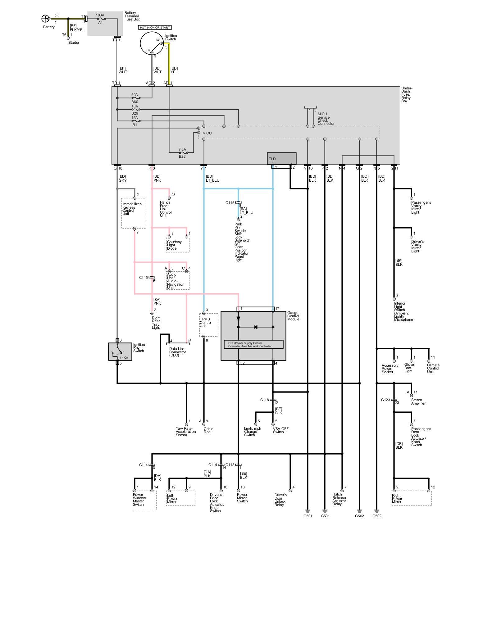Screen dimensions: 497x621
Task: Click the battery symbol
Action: click(45, 19)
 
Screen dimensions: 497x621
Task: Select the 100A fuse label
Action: click(100, 15)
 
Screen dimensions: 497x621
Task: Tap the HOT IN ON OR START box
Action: click(155, 28)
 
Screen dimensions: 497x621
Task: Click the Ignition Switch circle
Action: click(152, 43)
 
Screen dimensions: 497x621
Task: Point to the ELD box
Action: click(281, 158)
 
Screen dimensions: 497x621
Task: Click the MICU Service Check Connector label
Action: click(326, 119)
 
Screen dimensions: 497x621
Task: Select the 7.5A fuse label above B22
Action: click(182, 149)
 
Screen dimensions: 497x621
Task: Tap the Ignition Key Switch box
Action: click(120, 351)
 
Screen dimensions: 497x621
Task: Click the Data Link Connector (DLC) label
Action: click(178, 352)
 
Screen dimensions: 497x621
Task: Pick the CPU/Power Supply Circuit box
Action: click(253, 344)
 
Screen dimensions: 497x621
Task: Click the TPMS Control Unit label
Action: click(205, 322)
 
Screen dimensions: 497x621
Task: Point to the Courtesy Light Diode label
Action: click(174, 245)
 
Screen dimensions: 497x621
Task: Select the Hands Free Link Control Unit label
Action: click(166, 209)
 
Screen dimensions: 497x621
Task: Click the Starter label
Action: click(74, 43)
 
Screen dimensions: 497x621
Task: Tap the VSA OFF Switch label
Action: click(280, 430)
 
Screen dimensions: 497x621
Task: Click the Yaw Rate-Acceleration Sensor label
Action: click(186, 432)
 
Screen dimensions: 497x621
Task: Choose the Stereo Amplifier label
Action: click(418, 401)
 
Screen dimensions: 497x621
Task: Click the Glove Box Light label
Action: click(409, 368)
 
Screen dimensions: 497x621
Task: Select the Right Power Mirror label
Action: click(397, 499)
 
